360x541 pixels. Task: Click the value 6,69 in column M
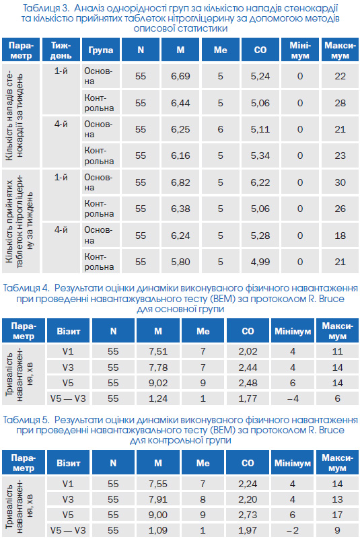180,76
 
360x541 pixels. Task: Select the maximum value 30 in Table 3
340,182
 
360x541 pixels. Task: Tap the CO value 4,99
260,262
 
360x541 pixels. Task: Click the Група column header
101,50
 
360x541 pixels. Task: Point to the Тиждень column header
61,50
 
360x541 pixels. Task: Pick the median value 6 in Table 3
221,129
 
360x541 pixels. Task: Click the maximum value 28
340,103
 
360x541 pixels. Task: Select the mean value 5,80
180,262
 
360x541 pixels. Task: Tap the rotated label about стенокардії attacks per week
15,115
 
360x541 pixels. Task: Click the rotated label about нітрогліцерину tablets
20,221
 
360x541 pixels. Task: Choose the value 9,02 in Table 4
158,383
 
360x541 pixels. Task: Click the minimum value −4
293,398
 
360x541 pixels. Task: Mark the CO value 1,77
248,398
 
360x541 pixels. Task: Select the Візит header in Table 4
69,331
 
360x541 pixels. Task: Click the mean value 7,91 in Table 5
158,499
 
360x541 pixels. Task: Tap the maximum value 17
337,515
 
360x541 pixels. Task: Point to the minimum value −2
293,530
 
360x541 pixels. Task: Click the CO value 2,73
248,515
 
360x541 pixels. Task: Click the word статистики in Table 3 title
203,28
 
